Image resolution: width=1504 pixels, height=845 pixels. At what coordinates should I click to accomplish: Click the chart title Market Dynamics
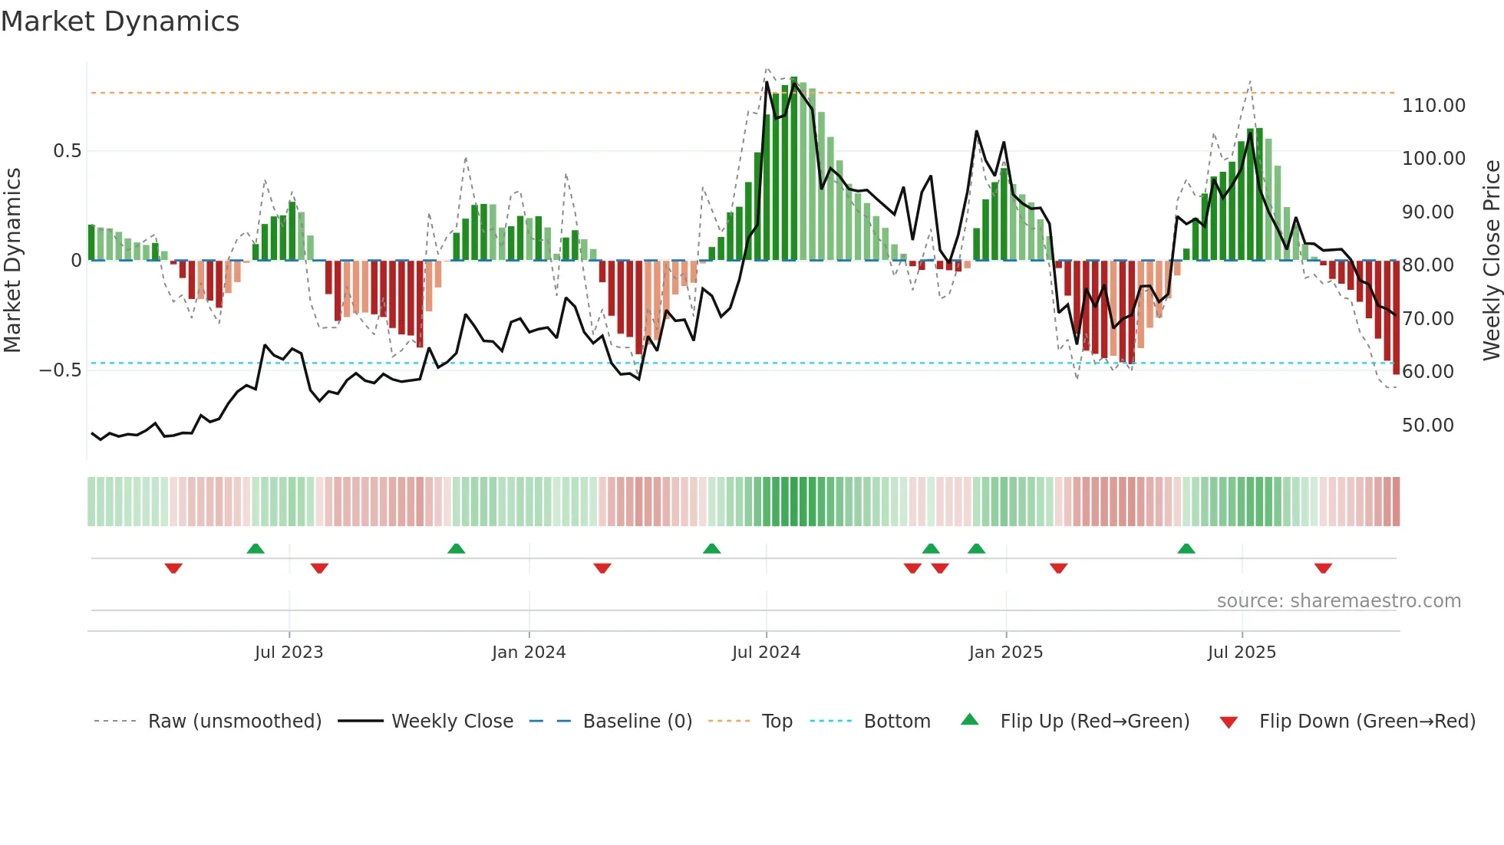pos(120,21)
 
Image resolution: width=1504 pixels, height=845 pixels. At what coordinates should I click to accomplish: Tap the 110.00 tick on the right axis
pos(1433,106)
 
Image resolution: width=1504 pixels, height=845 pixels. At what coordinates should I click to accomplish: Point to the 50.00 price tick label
pos(1427,426)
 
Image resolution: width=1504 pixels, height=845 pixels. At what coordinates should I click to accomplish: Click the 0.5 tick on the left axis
pos(68,151)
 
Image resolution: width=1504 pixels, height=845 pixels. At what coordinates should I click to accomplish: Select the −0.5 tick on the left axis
pos(61,370)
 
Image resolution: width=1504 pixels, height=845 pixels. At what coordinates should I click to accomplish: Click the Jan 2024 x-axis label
pos(529,653)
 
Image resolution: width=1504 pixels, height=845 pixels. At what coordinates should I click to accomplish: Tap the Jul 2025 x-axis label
pos(1241,653)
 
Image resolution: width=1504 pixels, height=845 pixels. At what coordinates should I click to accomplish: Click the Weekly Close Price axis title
pos(1491,261)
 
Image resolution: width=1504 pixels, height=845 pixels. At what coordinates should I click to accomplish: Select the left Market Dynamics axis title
pos(13,261)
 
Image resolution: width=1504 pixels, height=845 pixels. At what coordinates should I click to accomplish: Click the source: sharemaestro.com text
pos(1338,601)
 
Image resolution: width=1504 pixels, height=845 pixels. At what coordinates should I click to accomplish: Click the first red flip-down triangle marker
pos(173,568)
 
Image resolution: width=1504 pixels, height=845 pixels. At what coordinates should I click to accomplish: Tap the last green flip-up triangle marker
pos(1186,548)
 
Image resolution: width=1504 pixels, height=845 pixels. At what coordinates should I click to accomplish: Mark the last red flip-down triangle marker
pos(1323,568)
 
